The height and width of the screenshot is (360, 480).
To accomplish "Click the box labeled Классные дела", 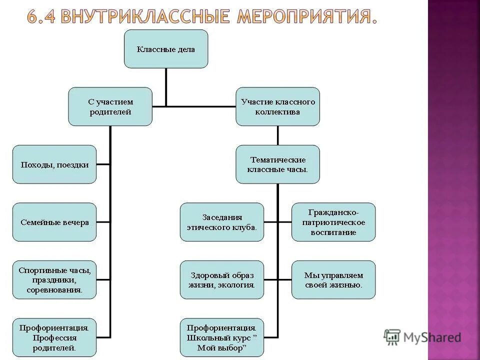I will pos(165,49).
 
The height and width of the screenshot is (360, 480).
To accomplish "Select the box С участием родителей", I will pos(110,106).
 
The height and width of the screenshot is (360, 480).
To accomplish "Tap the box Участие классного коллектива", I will pos(277,106).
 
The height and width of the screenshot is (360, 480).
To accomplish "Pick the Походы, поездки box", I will pos(54,164).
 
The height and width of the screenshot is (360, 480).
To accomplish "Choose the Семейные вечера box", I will pos(54,222).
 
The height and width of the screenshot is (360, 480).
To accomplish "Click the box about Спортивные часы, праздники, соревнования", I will pos(54,279).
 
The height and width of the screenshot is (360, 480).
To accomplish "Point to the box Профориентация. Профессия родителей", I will pos(54,337).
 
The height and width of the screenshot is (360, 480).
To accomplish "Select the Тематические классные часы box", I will pos(277,164).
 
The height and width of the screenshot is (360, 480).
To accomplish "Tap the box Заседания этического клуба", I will pos(221,222).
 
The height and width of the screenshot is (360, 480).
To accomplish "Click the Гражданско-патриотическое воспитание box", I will pos(333,222).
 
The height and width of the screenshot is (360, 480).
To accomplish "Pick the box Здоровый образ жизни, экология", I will pos(221,279).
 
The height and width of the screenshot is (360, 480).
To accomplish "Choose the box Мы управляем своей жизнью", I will pos(333,279).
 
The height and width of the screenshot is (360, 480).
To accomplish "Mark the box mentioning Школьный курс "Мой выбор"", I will pos(221,337).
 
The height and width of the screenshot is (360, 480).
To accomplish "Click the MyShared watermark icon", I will pos(392,337).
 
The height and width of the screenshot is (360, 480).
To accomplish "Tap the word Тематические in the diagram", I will pos(277,159).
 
